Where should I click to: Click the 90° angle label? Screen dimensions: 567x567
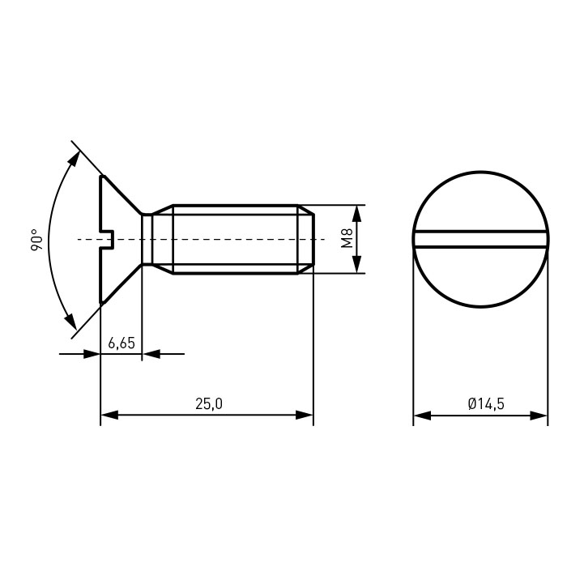click(x=36, y=240)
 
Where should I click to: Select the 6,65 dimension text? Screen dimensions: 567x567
click(x=122, y=343)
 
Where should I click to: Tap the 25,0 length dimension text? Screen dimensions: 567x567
click(x=209, y=403)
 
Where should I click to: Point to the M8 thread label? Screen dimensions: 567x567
click(x=347, y=239)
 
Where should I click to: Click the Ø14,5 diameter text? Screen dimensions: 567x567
click(x=486, y=403)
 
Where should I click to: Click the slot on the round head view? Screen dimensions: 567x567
click(x=480, y=240)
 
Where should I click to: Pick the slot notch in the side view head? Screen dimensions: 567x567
click(x=108, y=240)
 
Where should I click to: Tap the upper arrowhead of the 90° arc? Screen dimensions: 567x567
click(x=75, y=158)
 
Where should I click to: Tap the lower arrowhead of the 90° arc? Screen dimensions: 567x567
click(x=71, y=322)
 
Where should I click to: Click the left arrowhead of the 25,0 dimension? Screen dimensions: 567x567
click(x=109, y=415)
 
